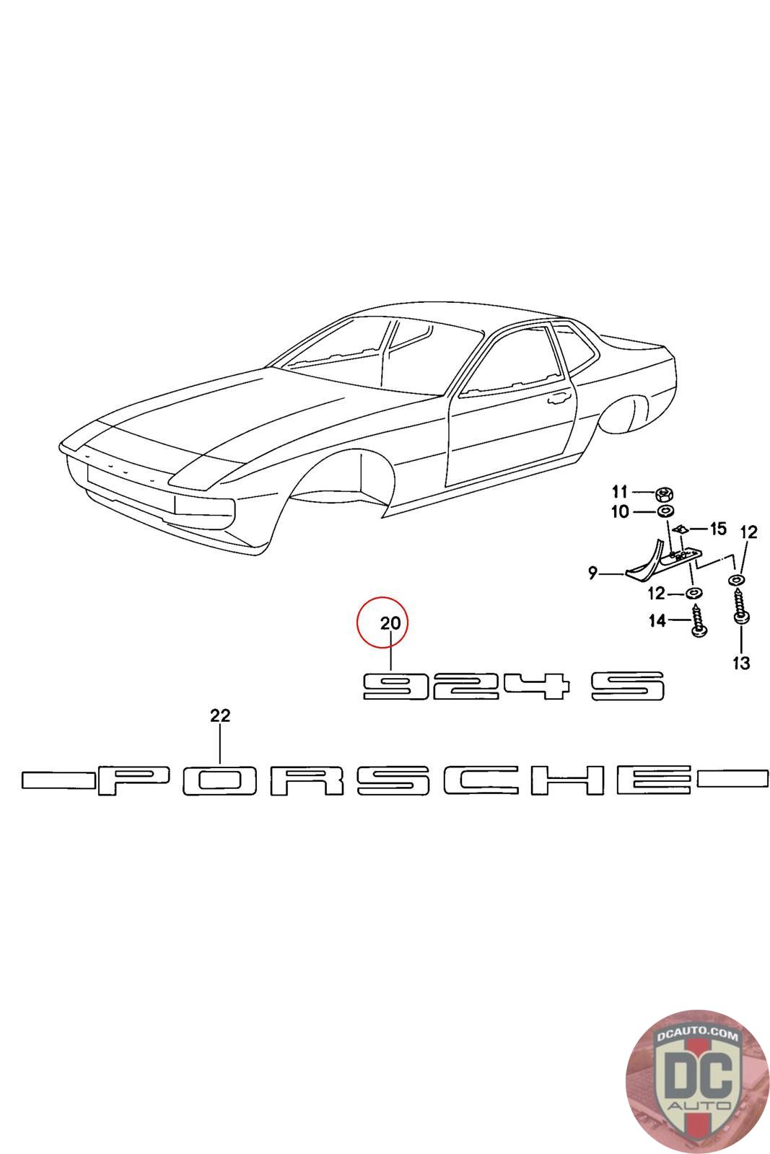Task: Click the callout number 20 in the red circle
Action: [x=390, y=623]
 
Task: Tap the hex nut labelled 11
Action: [x=662, y=495]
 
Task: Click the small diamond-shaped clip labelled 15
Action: [x=683, y=529]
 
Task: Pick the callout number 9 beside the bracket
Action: [x=593, y=573]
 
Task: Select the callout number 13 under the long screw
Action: [x=740, y=663]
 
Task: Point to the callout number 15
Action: [x=717, y=529]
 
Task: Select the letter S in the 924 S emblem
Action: [x=628, y=686]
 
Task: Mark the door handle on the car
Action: [x=559, y=397]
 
